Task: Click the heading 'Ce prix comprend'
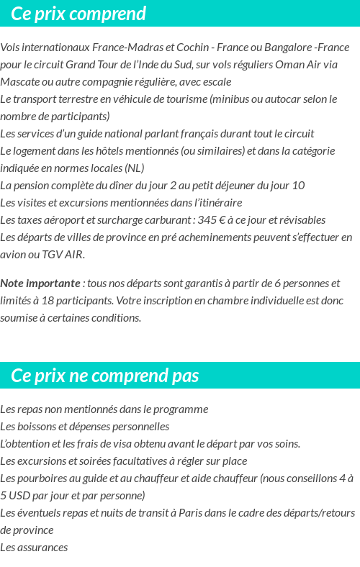click(x=78, y=14)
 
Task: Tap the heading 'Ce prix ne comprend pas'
click(x=105, y=376)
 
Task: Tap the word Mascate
click(x=19, y=82)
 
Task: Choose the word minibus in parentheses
click(x=233, y=99)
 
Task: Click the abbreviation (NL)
click(x=134, y=168)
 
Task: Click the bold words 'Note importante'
click(x=40, y=283)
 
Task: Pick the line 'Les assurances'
click(x=34, y=548)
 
